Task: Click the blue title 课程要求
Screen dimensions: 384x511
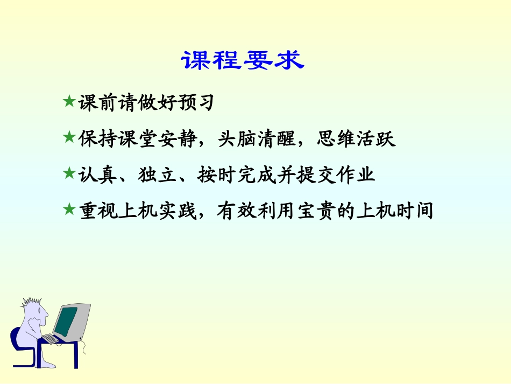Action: coord(243,61)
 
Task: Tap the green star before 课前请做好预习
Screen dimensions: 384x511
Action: coord(68,101)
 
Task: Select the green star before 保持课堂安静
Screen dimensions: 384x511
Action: coord(68,138)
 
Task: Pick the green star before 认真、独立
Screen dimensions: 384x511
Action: coord(68,173)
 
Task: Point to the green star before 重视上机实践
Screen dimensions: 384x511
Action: coord(68,210)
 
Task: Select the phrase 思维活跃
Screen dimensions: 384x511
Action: coord(356,139)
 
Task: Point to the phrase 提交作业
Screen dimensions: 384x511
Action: coord(336,174)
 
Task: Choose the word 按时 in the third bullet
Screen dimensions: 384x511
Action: coord(217,174)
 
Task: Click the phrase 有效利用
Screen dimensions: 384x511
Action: coord(257,211)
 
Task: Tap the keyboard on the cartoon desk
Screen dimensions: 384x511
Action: coord(51,339)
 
